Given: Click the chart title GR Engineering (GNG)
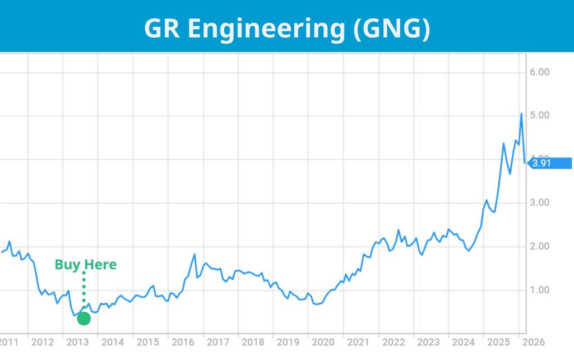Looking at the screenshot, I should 287,28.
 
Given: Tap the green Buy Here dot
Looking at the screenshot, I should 84,319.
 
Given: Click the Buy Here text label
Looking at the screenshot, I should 86,265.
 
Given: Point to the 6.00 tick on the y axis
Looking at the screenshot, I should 539,72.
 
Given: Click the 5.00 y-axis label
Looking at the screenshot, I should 539,116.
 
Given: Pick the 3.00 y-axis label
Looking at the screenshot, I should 539,202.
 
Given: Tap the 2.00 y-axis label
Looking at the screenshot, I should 539,246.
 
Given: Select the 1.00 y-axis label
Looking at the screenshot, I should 539,290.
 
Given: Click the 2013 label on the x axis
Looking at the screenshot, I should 77,342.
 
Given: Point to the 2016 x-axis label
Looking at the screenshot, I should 182,342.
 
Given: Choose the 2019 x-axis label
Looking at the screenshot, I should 288,342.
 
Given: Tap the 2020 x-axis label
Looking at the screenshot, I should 323,342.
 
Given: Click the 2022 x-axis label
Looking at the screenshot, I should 393,342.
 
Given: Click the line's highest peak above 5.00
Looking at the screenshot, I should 521,113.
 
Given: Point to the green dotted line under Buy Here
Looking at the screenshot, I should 84,292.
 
